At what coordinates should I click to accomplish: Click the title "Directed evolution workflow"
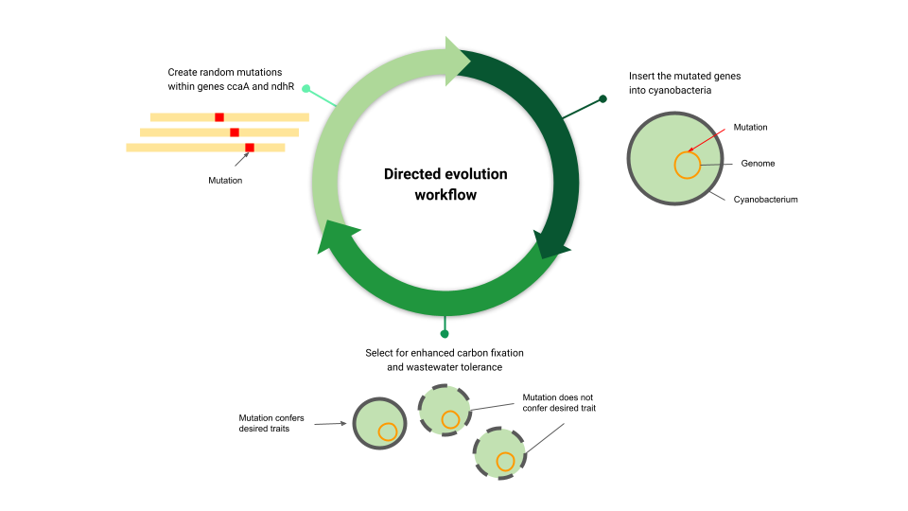tap(445, 185)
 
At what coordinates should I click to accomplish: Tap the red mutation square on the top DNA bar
tap(219, 117)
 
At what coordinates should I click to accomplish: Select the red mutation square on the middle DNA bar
tap(235, 132)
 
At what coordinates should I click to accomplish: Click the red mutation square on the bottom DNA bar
tap(250, 148)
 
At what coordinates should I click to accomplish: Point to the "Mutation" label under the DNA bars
tap(225, 180)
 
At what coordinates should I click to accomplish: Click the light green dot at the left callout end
tap(306, 89)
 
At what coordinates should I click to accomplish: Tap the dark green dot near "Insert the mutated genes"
tap(602, 99)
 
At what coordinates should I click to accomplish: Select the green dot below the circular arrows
tap(445, 334)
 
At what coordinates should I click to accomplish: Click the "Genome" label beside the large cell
tap(758, 164)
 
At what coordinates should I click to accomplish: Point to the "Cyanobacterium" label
tap(765, 200)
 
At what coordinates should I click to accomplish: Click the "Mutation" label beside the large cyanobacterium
tap(750, 127)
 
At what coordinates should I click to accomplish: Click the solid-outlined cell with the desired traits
tap(379, 424)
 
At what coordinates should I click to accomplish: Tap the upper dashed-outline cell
tap(445, 410)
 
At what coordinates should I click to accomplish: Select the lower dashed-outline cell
tap(499, 453)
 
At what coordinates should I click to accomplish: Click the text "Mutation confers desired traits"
tap(271, 423)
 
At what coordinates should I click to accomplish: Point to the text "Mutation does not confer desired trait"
tap(559, 403)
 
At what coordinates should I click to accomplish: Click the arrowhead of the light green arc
tap(458, 61)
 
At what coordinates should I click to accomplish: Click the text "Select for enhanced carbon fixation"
tap(445, 353)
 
